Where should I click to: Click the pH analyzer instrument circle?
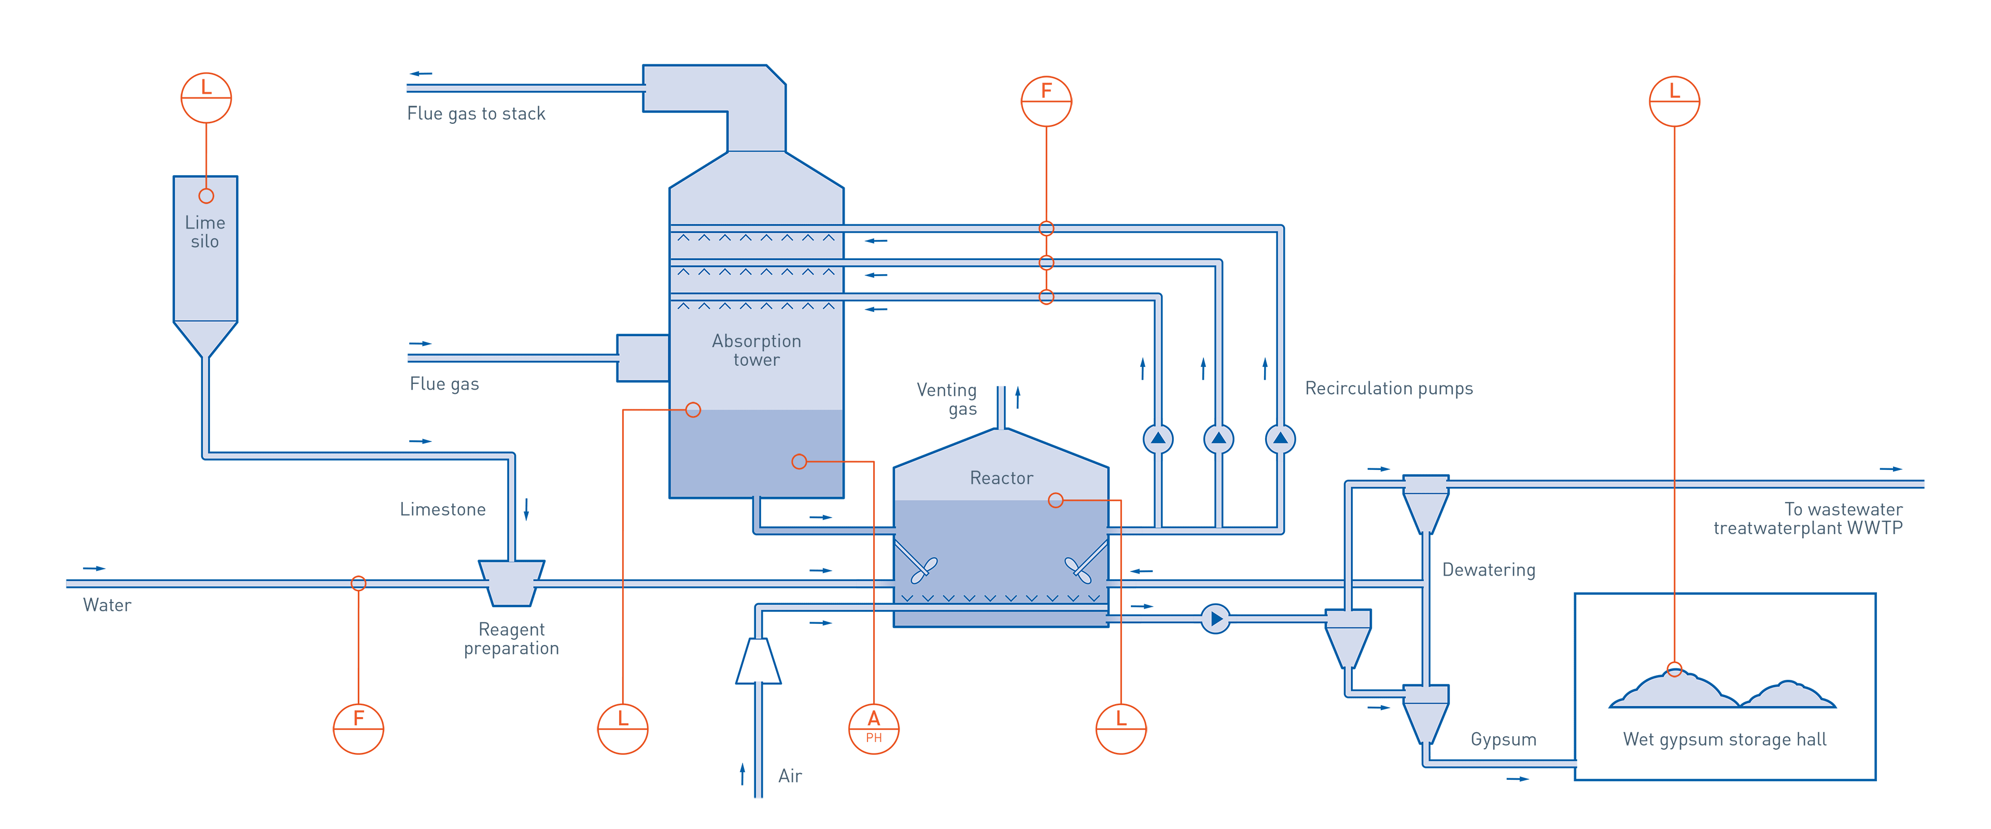click(x=873, y=728)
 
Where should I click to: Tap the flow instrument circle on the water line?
click(x=358, y=728)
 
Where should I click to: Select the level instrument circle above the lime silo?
click(x=206, y=98)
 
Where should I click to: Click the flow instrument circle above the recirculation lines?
click(x=1046, y=101)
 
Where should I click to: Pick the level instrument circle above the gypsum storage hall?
click(x=1674, y=101)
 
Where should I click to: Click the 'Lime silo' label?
click(x=205, y=232)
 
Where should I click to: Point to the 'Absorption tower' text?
click(x=756, y=350)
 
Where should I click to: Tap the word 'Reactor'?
click(x=1001, y=478)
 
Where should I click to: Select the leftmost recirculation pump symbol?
click(x=1158, y=439)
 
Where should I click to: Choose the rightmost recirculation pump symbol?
click(x=1280, y=439)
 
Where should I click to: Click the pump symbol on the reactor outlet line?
click(x=1215, y=619)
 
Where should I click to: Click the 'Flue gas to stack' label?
click(x=476, y=113)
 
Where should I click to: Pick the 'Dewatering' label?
click(x=1488, y=570)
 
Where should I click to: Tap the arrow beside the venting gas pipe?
click(x=1018, y=396)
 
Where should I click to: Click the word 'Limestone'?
click(x=442, y=510)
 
